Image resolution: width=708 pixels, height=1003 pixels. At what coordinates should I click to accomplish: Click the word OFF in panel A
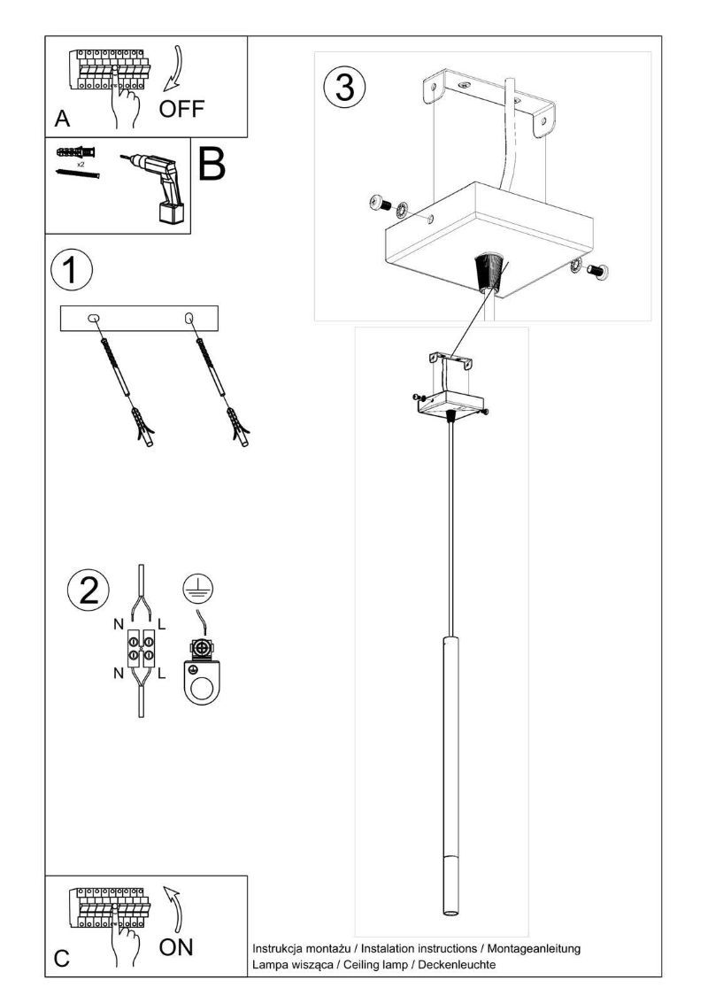181,109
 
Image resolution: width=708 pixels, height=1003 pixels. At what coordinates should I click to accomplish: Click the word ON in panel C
176,947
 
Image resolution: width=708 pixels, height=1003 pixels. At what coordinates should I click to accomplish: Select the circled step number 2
88,590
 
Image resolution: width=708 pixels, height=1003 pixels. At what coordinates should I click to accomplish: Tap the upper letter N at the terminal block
118,623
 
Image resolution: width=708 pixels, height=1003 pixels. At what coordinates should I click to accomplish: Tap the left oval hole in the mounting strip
93,318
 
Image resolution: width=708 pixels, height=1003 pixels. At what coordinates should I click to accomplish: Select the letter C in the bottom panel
61,959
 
